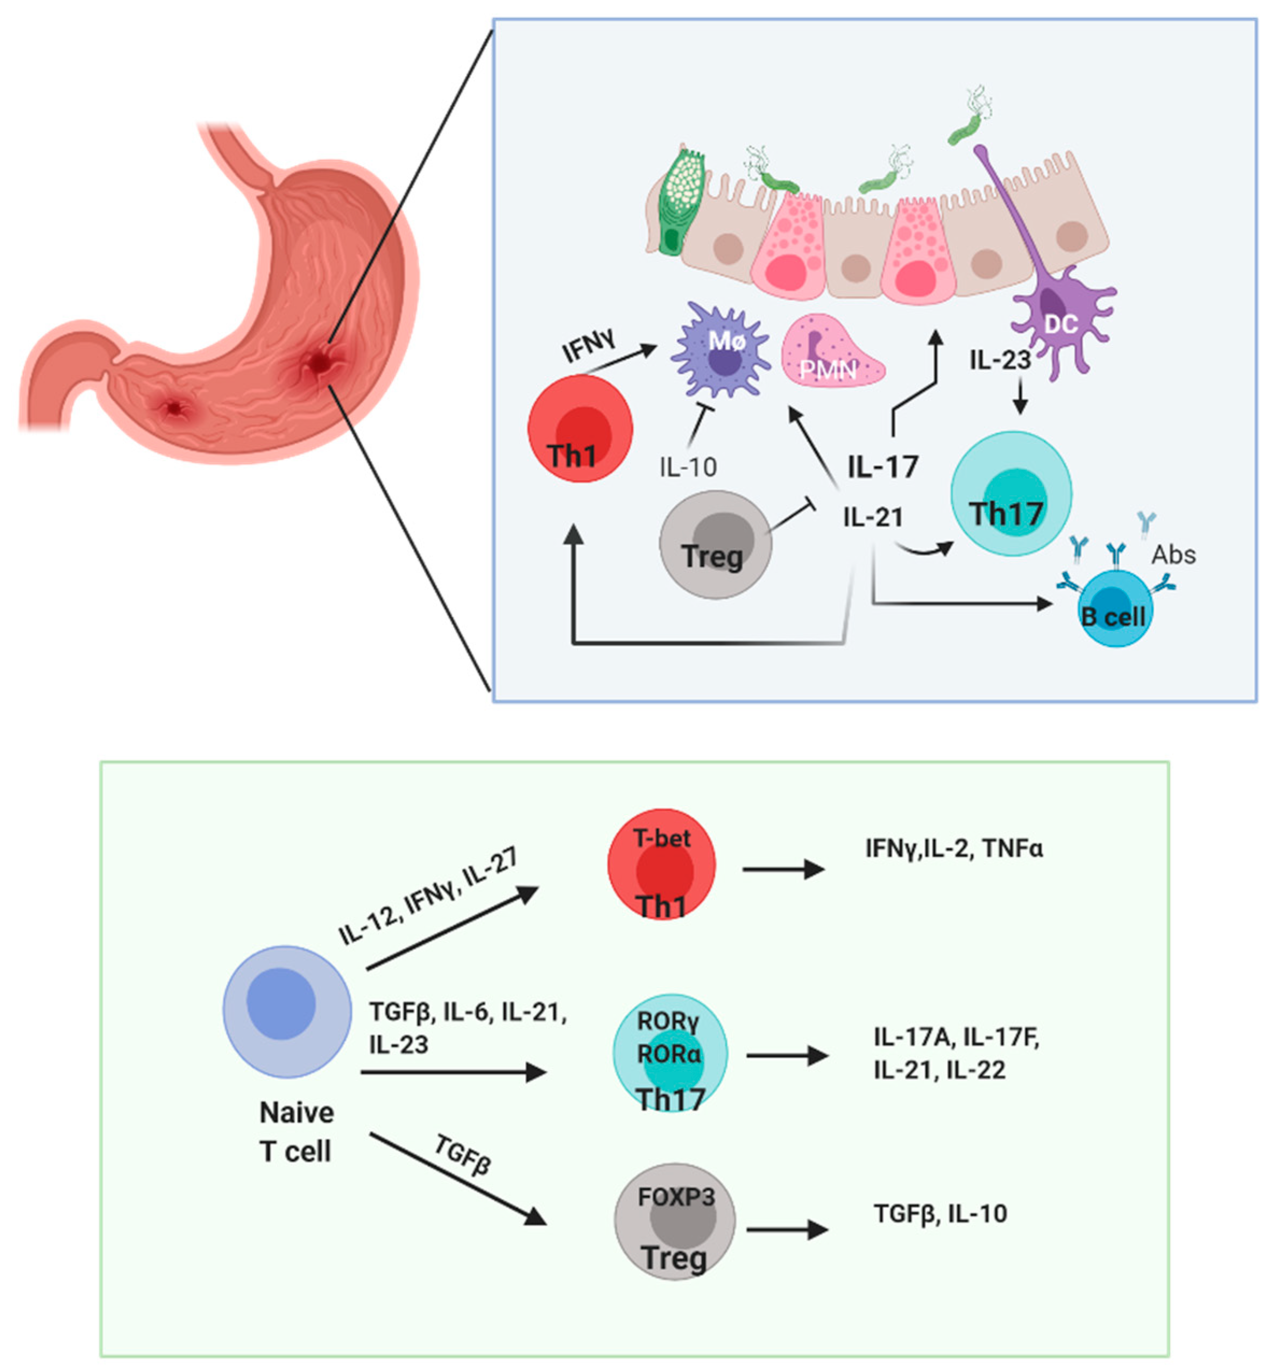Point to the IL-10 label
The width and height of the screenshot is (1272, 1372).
688,467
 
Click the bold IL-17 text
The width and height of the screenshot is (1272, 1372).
882,467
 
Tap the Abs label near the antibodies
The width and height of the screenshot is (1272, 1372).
1174,555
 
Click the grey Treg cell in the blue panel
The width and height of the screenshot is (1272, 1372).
715,544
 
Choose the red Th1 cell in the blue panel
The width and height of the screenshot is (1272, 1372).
580,428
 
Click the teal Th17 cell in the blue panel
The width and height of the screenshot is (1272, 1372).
1010,493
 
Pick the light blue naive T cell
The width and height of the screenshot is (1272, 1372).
287,1011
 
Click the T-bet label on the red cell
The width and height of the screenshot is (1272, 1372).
661,837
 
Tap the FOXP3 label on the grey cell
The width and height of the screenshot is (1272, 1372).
676,1197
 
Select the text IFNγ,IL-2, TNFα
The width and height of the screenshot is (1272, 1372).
953,848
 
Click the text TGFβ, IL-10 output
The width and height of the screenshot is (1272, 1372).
939,1213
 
